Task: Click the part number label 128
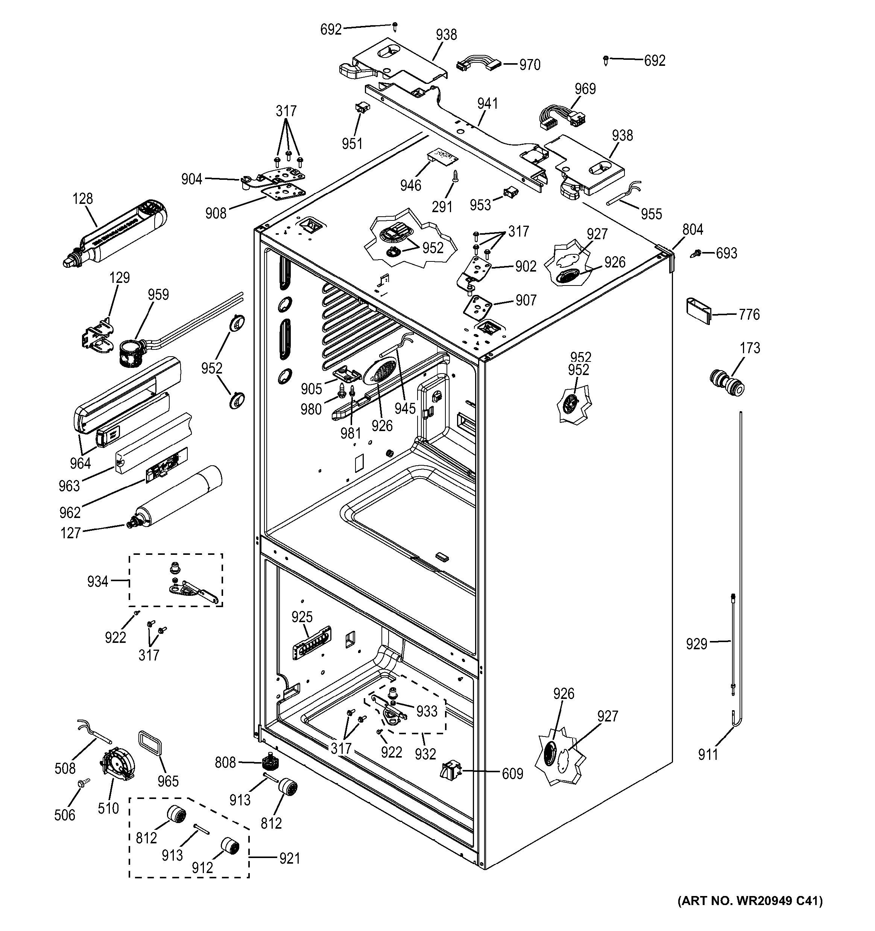pos(82,199)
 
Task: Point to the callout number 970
pos(530,65)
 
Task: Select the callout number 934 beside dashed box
pos(97,581)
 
